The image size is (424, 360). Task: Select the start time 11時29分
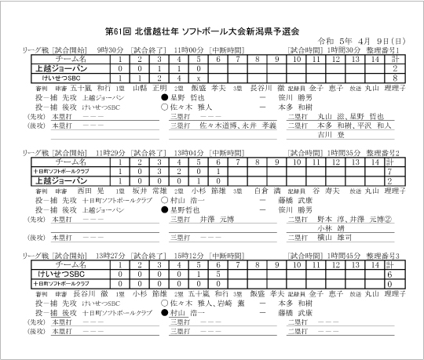coord(108,151)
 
